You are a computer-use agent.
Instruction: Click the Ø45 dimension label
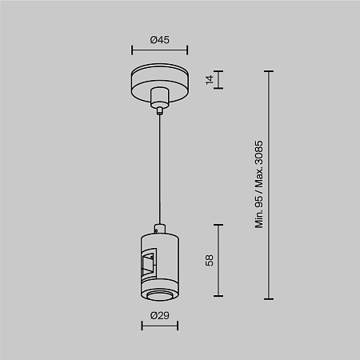coord(159,40)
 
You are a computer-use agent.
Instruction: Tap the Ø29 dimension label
coord(159,316)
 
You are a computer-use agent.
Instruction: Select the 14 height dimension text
coord(210,80)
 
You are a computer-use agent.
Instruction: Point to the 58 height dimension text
coord(210,260)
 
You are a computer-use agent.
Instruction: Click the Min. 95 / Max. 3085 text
coord(259,185)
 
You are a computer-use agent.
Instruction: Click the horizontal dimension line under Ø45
coord(159,50)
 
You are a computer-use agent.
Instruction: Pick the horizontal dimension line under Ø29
coord(160,326)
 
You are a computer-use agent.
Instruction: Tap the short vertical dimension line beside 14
coord(218,79)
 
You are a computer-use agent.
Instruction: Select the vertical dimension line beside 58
coord(218,260)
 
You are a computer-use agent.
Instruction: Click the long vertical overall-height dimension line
coord(269,185)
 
